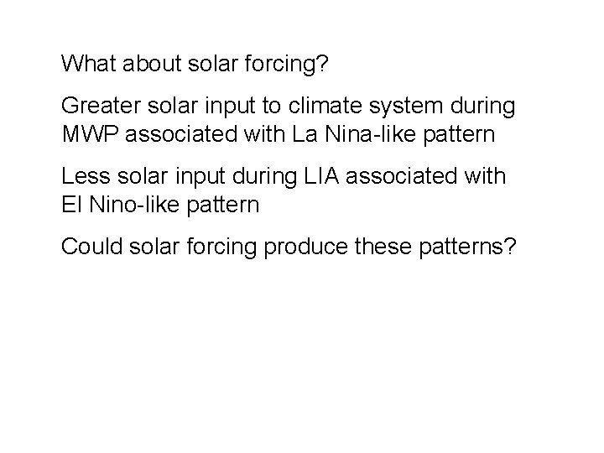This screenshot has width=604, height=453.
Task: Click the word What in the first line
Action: click(x=86, y=63)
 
